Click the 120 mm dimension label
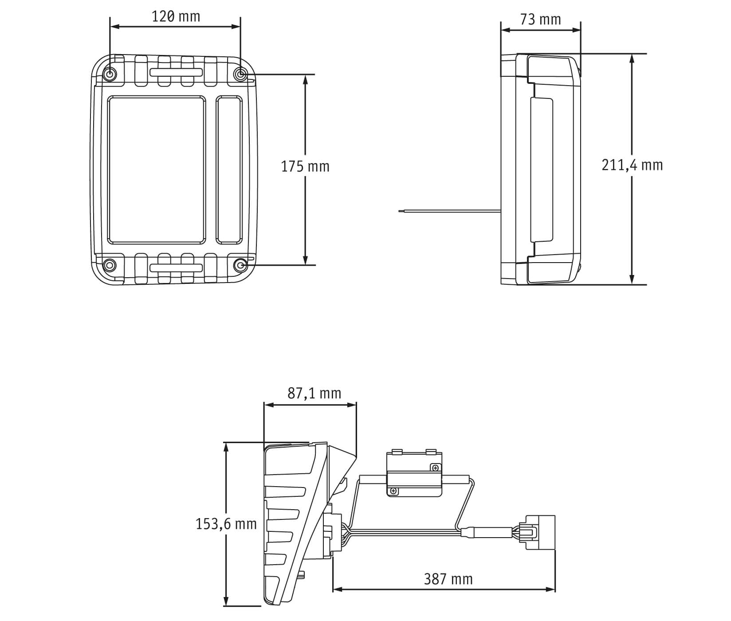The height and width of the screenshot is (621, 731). click(x=176, y=17)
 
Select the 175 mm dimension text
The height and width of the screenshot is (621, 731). click(x=305, y=167)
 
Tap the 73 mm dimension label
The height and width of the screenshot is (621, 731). click(x=540, y=20)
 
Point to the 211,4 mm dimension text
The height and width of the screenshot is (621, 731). click(x=632, y=165)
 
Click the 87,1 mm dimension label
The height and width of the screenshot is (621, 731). click(x=314, y=393)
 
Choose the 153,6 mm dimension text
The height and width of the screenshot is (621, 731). click(x=226, y=524)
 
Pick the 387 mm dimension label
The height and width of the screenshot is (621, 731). click(x=448, y=579)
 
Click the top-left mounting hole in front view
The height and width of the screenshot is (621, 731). click(x=110, y=74)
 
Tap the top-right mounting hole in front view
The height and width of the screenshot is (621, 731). click(x=240, y=75)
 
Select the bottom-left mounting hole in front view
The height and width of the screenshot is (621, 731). click(x=109, y=265)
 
